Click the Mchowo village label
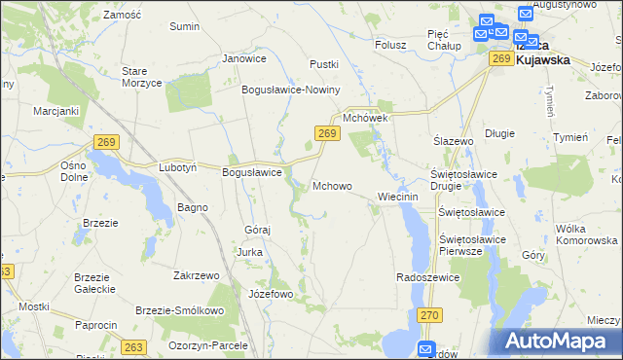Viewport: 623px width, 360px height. click(332, 186)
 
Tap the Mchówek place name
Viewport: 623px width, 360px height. click(365, 118)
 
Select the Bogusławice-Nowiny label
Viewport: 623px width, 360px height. click(290, 90)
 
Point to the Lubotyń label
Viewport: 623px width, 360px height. click(178, 167)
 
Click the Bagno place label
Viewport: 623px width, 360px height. click(192, 208)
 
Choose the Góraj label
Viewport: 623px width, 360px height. click(256, 230)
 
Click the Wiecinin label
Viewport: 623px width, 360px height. click(397, 197)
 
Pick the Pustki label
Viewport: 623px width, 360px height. click(323, 64)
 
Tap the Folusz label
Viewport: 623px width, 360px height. click(390, 44)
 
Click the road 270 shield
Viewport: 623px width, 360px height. click(430, 315)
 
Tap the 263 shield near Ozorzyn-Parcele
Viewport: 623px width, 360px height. click(132, 345)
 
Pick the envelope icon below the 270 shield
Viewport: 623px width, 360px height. click(426, 349)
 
